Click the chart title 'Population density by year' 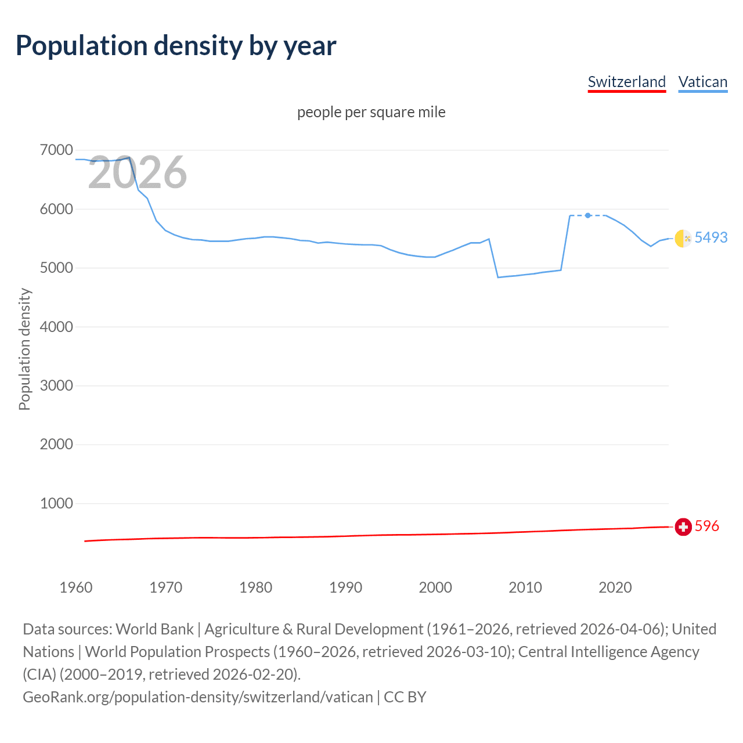tap(176, 46)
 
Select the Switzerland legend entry tap(626, 82)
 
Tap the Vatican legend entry tap(702, 82)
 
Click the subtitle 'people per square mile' tap(371, 112)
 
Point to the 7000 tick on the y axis tap(56, 150)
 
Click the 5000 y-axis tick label tap(56, 268)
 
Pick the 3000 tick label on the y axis tap(56, 385)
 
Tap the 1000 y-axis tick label tap(56, 503)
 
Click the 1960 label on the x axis tap(76, 587)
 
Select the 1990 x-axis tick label tap(345, 587)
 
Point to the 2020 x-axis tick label tap(615, 587)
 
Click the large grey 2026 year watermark tap(138, 172)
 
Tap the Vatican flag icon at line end tap(683, 238)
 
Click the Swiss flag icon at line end tap(683, 526)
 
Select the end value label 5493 tap(711, 237)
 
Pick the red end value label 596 tap(706, 526)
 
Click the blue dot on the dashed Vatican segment tap(588, 215)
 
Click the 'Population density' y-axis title tap(24, 349)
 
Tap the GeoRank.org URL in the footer tap(197, 697)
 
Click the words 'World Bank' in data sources tap(154, 629)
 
